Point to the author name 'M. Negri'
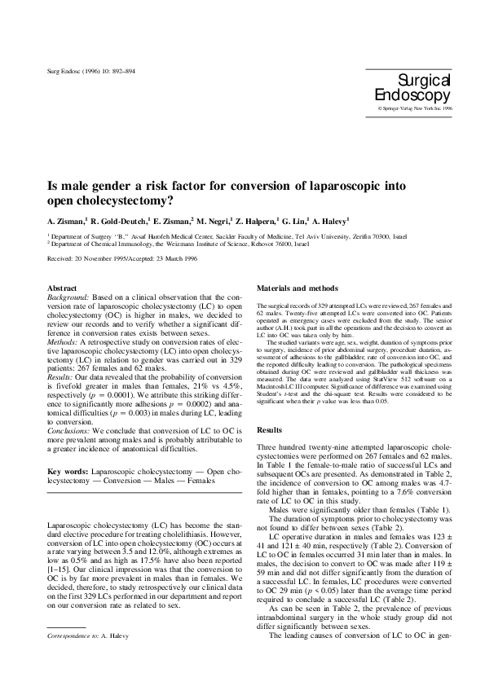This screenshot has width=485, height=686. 214,221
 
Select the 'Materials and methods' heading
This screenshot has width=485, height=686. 292,289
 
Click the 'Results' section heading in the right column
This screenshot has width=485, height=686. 269,429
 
